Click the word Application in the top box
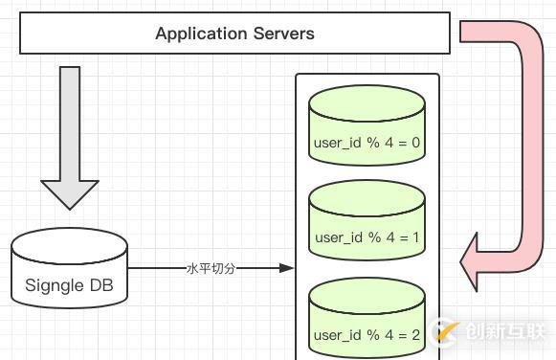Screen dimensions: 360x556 tap(195, 34)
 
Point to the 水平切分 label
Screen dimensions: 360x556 tap(210, 269)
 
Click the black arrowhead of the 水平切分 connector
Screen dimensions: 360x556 tap(285, 269)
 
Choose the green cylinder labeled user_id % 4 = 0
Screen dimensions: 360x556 tap(367, 129)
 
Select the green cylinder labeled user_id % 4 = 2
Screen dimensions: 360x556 tap(367, 321)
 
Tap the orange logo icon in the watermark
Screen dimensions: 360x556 tap(444, 330)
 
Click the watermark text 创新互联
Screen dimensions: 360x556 tap(501, 331)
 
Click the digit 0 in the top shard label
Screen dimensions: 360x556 tap(416, 145)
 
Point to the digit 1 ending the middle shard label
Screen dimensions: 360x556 tap(416, 237)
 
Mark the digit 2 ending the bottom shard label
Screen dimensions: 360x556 tap(416, 336)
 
